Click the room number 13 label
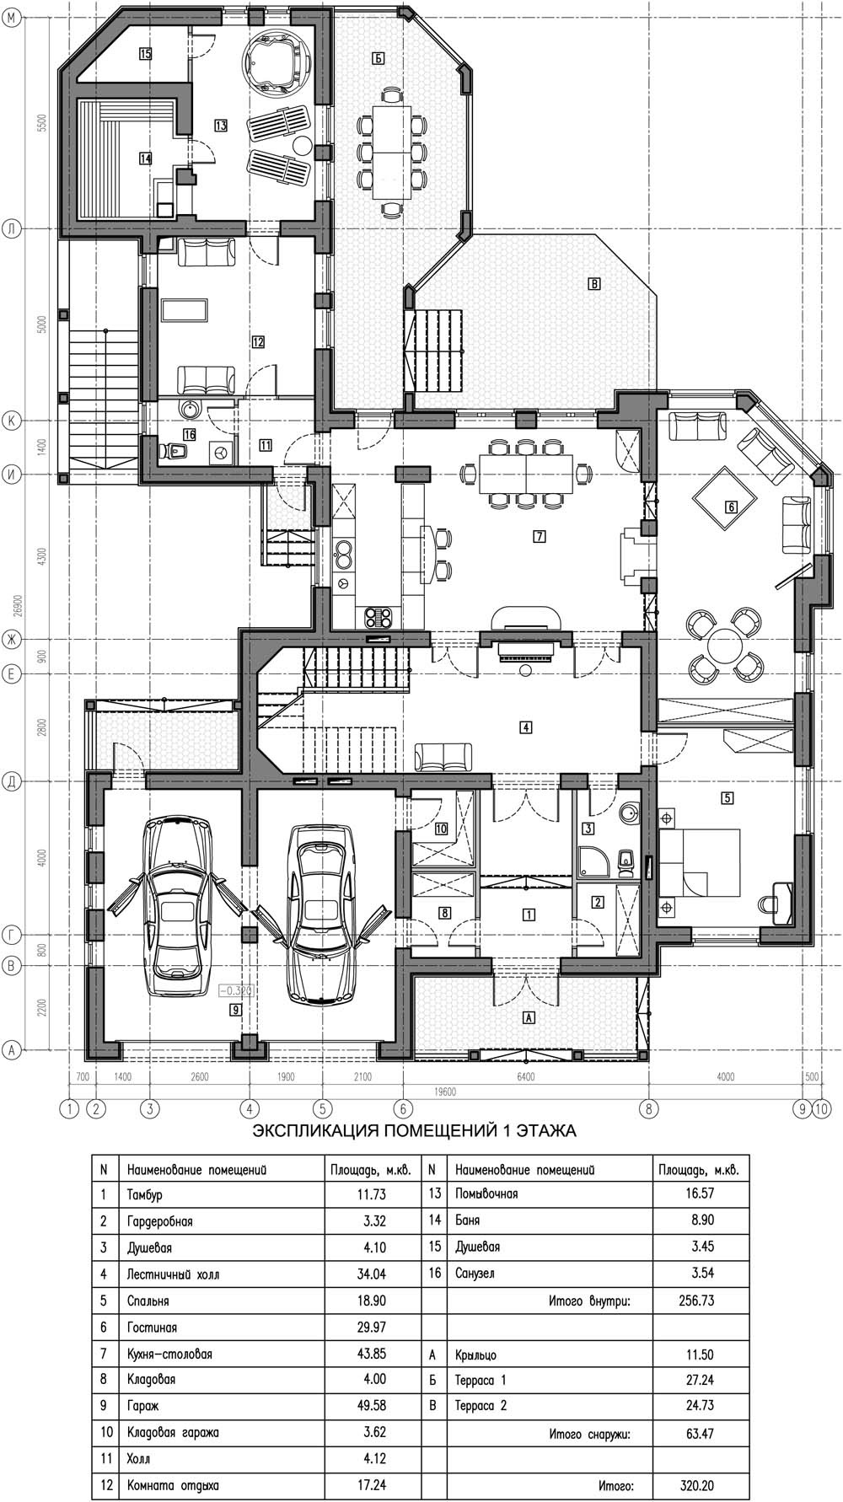[x=221, y=126]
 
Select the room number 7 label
[x=537, y=536]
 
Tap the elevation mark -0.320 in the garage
[x=236, y=990]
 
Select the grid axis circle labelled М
[x=11, y=24]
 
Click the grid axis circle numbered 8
[x=647, y=1108]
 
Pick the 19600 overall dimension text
[x=445, y=1092]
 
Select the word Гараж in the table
[x=142, y=1406]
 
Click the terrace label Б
[x=378, y=58]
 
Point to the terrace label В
[x=594, y=284]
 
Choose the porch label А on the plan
[x=529, y=1017]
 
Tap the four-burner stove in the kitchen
[x=377, y=617]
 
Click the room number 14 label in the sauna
[x=145, y=158]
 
